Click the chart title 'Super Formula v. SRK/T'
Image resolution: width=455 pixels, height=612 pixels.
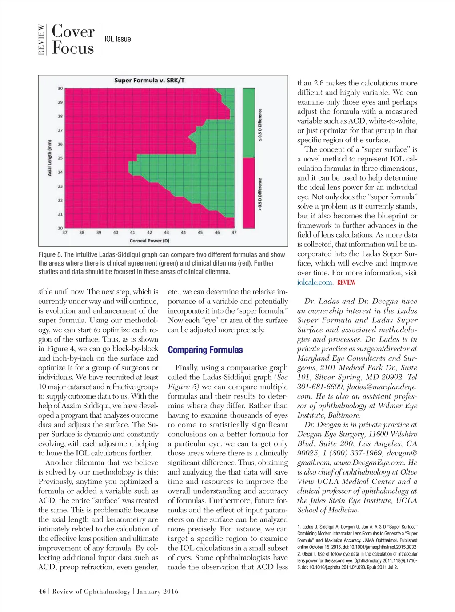149,81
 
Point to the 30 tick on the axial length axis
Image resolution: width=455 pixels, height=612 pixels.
60,89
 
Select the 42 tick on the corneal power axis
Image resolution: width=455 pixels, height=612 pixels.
149,233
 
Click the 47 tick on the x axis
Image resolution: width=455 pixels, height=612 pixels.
234,233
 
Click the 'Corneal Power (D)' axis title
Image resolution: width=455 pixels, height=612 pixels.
149,241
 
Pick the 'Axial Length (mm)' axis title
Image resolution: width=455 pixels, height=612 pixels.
50,158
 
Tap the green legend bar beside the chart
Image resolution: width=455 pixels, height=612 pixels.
249,123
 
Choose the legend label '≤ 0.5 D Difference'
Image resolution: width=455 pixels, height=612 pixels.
260,125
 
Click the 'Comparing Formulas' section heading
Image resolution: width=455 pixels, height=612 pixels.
205,350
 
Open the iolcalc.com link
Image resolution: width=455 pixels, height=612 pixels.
315,282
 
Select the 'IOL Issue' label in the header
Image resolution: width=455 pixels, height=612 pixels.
118,39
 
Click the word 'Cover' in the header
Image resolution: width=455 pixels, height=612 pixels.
73,32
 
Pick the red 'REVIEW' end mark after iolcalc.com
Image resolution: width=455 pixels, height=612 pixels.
346,282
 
